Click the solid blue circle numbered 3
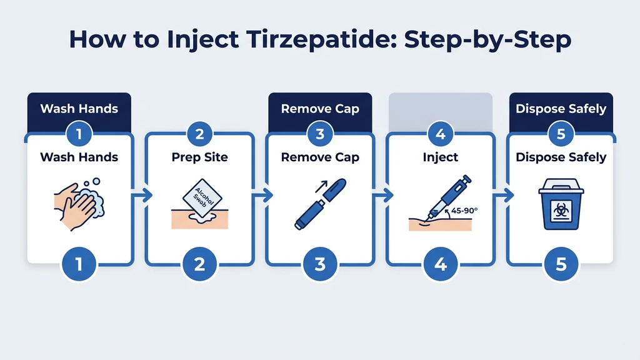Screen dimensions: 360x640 point(320,264)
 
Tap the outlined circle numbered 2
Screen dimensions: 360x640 point(200,133)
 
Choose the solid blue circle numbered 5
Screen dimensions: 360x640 point(561,264)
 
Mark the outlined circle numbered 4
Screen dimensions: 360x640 point(441,133)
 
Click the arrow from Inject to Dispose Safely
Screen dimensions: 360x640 point(505,196)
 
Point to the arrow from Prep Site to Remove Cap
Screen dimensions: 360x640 point(264,196)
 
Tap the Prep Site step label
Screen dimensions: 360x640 point(200,157)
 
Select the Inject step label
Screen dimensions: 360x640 point(441,157)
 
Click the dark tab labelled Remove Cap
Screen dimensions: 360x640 point(320,109)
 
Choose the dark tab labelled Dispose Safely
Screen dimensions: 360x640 point(561,109)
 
